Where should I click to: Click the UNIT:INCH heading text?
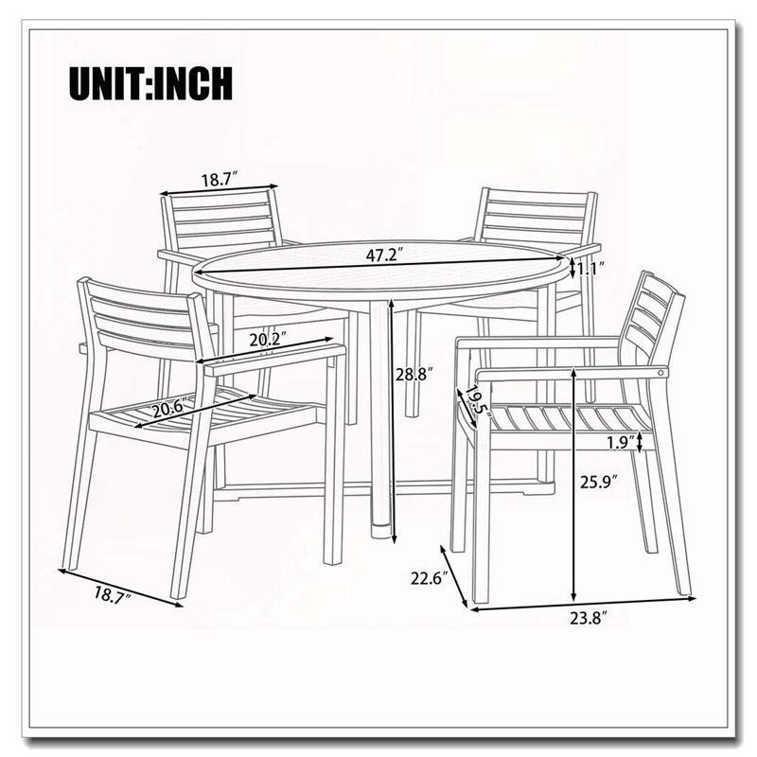(150, 83)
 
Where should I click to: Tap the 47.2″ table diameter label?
(384, 255)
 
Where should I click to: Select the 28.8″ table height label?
(414, 374)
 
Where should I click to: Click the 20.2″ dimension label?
(269, 340)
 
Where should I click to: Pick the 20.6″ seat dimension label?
(170, 410)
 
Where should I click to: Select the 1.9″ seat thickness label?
(622, 443)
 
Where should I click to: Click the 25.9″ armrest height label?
(599, 482)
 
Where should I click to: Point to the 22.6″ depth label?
(430, 578)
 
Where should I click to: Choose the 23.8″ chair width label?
(588, 618)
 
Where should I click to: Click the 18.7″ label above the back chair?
(220, 180)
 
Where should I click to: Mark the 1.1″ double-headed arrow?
(572, 268)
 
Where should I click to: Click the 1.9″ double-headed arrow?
(641, 442)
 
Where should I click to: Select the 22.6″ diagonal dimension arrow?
(454, 576)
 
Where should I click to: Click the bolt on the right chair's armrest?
(660, 372)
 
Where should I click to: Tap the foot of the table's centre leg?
(382, 530)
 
